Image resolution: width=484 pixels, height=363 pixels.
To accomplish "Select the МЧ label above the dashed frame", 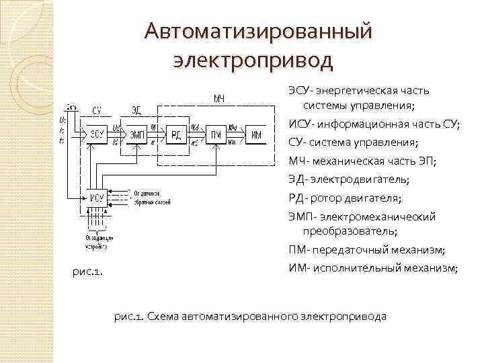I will (219, 99).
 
